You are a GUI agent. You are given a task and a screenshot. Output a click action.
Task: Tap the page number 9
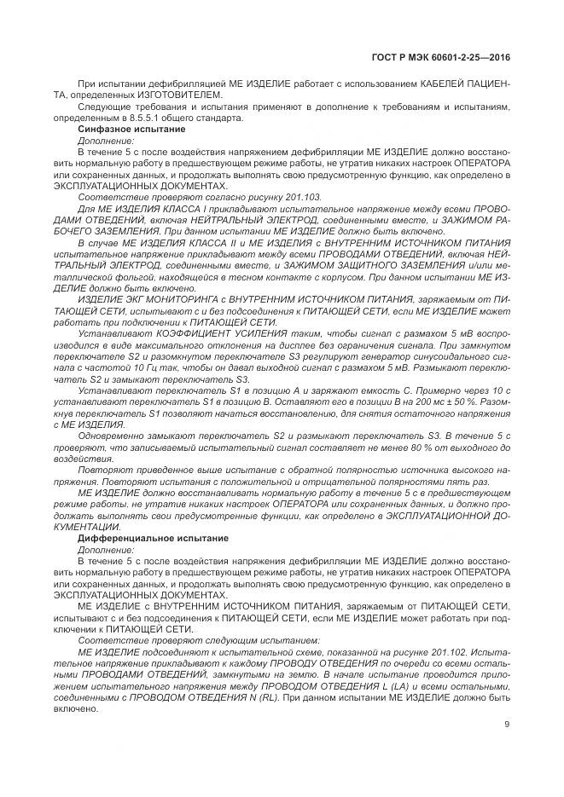507,725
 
